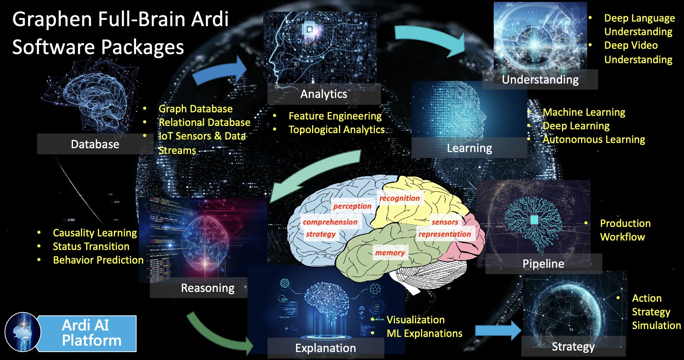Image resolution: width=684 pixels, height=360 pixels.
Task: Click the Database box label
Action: click(x=95, y=144)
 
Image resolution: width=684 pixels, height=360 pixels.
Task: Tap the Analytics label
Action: click(x=323, y=94)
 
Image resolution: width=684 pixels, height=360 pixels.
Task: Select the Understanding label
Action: click(x=540, y=79)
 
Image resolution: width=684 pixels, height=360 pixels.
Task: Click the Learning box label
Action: click(x=469, y=148)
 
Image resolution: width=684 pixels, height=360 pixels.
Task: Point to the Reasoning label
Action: click(x=207, y=288)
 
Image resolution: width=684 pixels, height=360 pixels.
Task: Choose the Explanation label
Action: click(x=325, y=348)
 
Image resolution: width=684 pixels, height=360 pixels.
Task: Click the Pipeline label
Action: click(x=543, y=264)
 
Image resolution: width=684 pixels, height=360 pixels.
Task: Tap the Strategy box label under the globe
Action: click(x=573, y=346)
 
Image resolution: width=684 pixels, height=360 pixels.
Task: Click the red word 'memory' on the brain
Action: click(x=390, y=253)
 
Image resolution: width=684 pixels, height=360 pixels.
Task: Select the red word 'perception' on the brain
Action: click(x=352, y=206)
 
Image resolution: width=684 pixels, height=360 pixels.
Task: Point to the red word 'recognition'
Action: click(x=399, y=198)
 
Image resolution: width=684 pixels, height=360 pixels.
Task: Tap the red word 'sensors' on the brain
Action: click(x=445, y=222)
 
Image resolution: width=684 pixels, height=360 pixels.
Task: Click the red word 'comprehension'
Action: click(x=330, y=222)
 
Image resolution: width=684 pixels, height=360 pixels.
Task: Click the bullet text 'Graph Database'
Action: click(x=195, y=109)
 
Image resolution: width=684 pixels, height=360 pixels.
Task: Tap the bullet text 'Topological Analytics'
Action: click(x=336, y=130)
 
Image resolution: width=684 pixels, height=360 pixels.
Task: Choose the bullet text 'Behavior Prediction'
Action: click(x=98, y=260)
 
